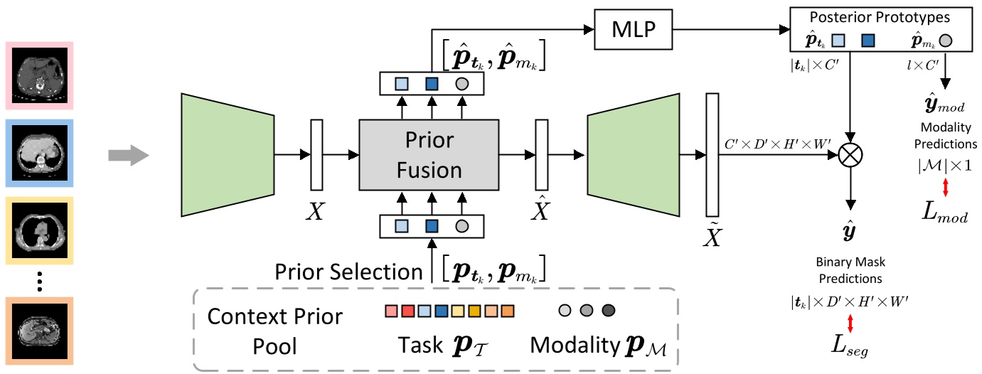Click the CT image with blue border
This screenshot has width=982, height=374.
(x=39, y=152)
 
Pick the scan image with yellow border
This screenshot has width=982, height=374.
(x=39, y=230)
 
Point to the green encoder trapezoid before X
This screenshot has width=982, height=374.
(x=228, y=154)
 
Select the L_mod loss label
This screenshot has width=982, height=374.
(x=946, y=215)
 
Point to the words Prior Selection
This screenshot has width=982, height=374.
(x=348, y=271)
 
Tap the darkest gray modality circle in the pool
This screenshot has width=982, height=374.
(x=609, y=311)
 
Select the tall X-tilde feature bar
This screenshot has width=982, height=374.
(x=713, y=154)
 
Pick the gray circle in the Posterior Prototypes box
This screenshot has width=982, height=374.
(x=945, y=41)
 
